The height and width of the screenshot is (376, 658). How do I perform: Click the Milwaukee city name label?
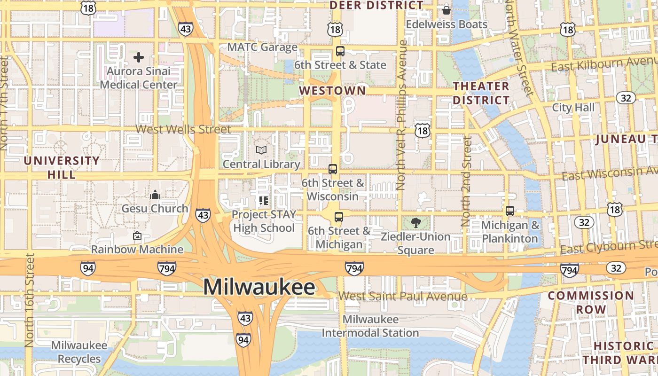pyautogui.click(x=259, y=287)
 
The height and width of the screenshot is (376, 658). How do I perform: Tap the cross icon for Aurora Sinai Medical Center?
pyautogui.click(x=139, y=57)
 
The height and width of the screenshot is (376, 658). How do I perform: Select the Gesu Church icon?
pyautogui.click(x=155, y=194)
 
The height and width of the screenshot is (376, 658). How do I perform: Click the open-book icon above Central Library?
pyautogui.click(x=261, y=150)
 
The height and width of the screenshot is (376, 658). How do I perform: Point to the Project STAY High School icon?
pyautogui.click(x=264, y=201)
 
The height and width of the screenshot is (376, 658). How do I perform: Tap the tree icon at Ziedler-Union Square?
pyautogui.click(x=415, y=222)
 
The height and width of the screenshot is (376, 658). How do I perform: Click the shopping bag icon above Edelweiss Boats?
pyautogui.click(x=446, y=9)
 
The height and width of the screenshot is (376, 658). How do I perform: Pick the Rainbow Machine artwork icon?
pyautogui.click(x=137, y=235)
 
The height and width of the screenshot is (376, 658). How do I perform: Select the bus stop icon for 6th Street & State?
pyautogui.click(x=340, y=51)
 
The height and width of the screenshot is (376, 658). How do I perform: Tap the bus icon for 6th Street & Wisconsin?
pyautogui.click(x=333, y=169)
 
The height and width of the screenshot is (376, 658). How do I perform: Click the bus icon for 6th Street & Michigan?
pyautogui.click(x=339, y=217)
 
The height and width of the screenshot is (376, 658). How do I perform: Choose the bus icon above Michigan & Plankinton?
pyautogui.click(x=510, y=211)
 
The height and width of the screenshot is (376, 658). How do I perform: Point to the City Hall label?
pyautogui.click(x=573, y=108)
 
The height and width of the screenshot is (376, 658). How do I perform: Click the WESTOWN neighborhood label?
pyautogui.click(x=332, y=90)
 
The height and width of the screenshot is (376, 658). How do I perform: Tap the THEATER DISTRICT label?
pyautogui.click(x=481, y=93)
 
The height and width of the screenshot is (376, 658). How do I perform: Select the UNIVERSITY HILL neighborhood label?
pyautogui.click(x=62, y=167)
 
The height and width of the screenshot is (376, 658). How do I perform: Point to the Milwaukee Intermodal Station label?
pyautogui.click(x=370, y=326)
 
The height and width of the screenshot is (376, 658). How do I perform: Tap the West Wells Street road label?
pyautogui.click(x=183, y=129)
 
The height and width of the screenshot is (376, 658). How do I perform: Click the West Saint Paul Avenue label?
pyautogui.click(x=403, y=296)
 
